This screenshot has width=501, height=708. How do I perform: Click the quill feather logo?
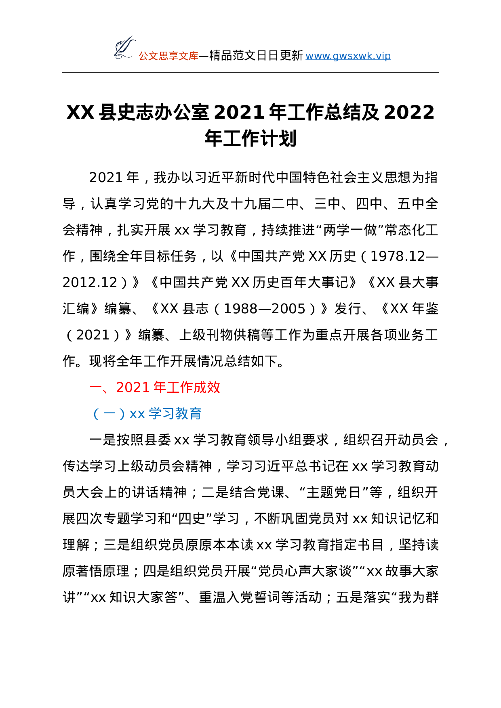pyautogui.click(x=124, y=48)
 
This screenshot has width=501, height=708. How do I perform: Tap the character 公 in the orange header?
pyautogui.click(x=143, y=56)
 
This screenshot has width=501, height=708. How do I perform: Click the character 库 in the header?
pyautogui.click(x=194, y=56)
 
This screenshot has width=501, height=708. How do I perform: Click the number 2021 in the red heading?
pyautogui.click(x=133, y=388)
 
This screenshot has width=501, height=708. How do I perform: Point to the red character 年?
pyautogui.click(x=160, y=388)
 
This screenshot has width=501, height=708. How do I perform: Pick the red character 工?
pyautogui.click(x=173, y=388)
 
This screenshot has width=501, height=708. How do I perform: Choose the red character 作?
pyautogui.click(x=187, y=388)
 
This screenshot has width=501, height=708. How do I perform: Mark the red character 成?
pyautogui.click(x=200, y=388)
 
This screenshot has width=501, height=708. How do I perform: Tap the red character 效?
pyautogui.click(x=213, y=388)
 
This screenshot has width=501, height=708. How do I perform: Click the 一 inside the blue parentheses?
pyautogui.click(x=109, y=414)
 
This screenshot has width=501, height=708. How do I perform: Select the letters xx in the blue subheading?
pyautogui.click(x=137, y=414)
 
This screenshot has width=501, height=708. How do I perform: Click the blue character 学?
pyautogui.click(x=155, y=414)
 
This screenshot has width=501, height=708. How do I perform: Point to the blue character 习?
pyautogui.click(x=168, y=414)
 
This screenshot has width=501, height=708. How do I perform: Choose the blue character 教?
pyautogui.click(x=182, y=414)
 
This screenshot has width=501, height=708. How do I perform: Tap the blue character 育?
pyautogui.click(x=195, y=414)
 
